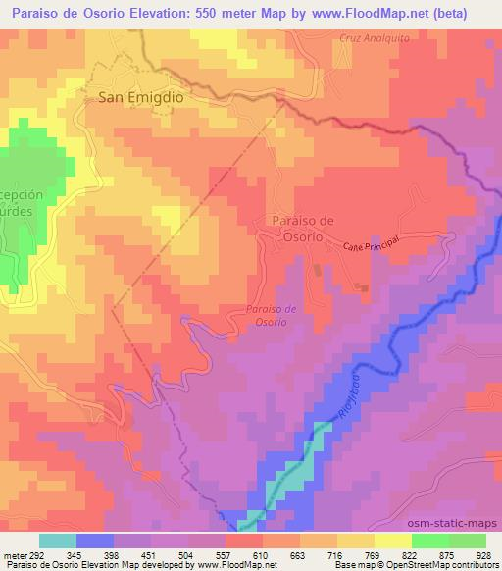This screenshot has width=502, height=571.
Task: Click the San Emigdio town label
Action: [x=141, y=97]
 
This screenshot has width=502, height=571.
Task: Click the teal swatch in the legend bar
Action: [x=58, y=541]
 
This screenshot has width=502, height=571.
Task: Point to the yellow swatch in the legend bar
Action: [x=393, y=541]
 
